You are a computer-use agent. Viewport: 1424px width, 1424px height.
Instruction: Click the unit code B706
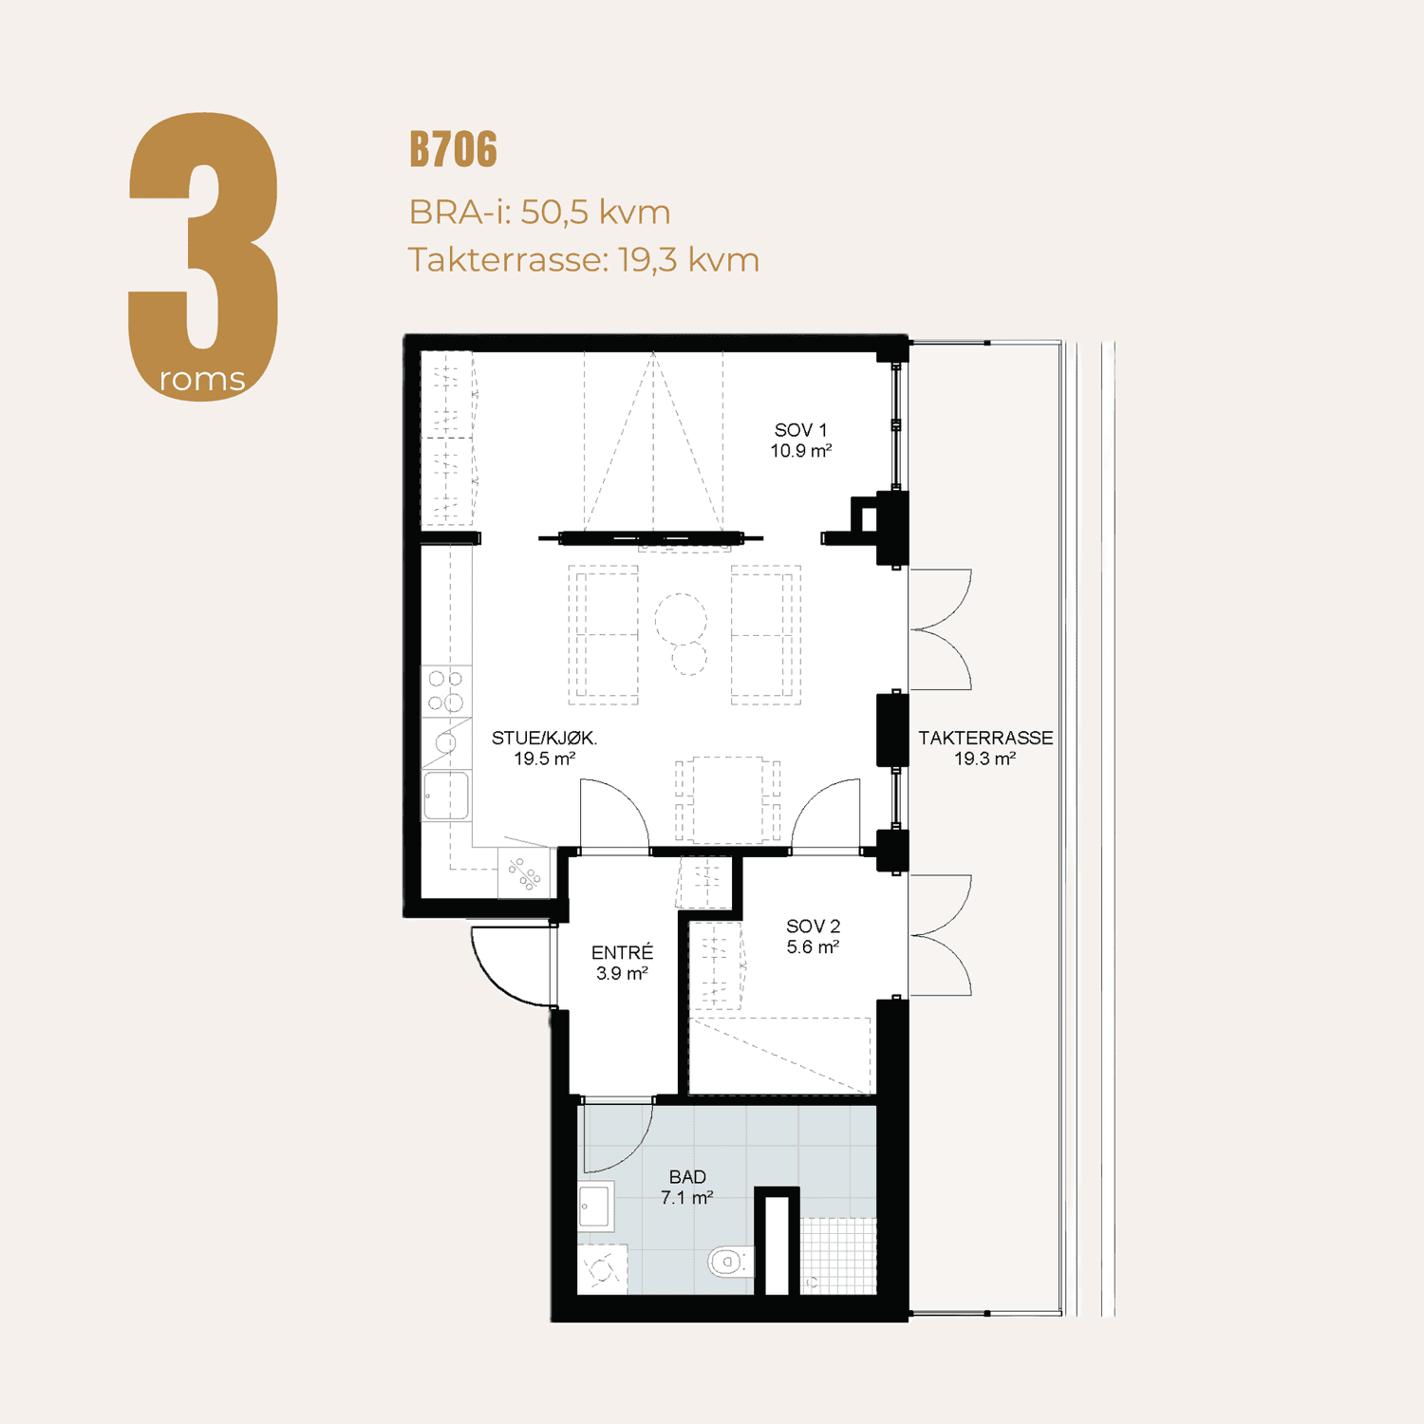tap(453, 150)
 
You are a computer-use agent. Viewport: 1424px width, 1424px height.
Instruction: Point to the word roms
tap(202, 380)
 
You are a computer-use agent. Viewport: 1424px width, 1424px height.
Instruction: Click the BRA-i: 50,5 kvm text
tap(539, 212)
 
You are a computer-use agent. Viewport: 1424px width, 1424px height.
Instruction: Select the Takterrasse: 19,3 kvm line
tap(584, 259)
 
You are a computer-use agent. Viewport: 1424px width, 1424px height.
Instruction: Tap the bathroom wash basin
tap(595, 1206)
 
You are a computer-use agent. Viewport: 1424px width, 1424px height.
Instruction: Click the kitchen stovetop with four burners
tap(445, 690)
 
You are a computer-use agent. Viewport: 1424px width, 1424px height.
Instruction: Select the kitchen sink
tap(446, 796)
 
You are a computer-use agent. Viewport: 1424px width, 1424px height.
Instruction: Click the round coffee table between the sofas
tap(681, 619)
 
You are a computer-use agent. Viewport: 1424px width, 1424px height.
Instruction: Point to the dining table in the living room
tap(728, 799)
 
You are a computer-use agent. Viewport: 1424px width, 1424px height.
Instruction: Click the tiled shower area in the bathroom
tap(838, 1255)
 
